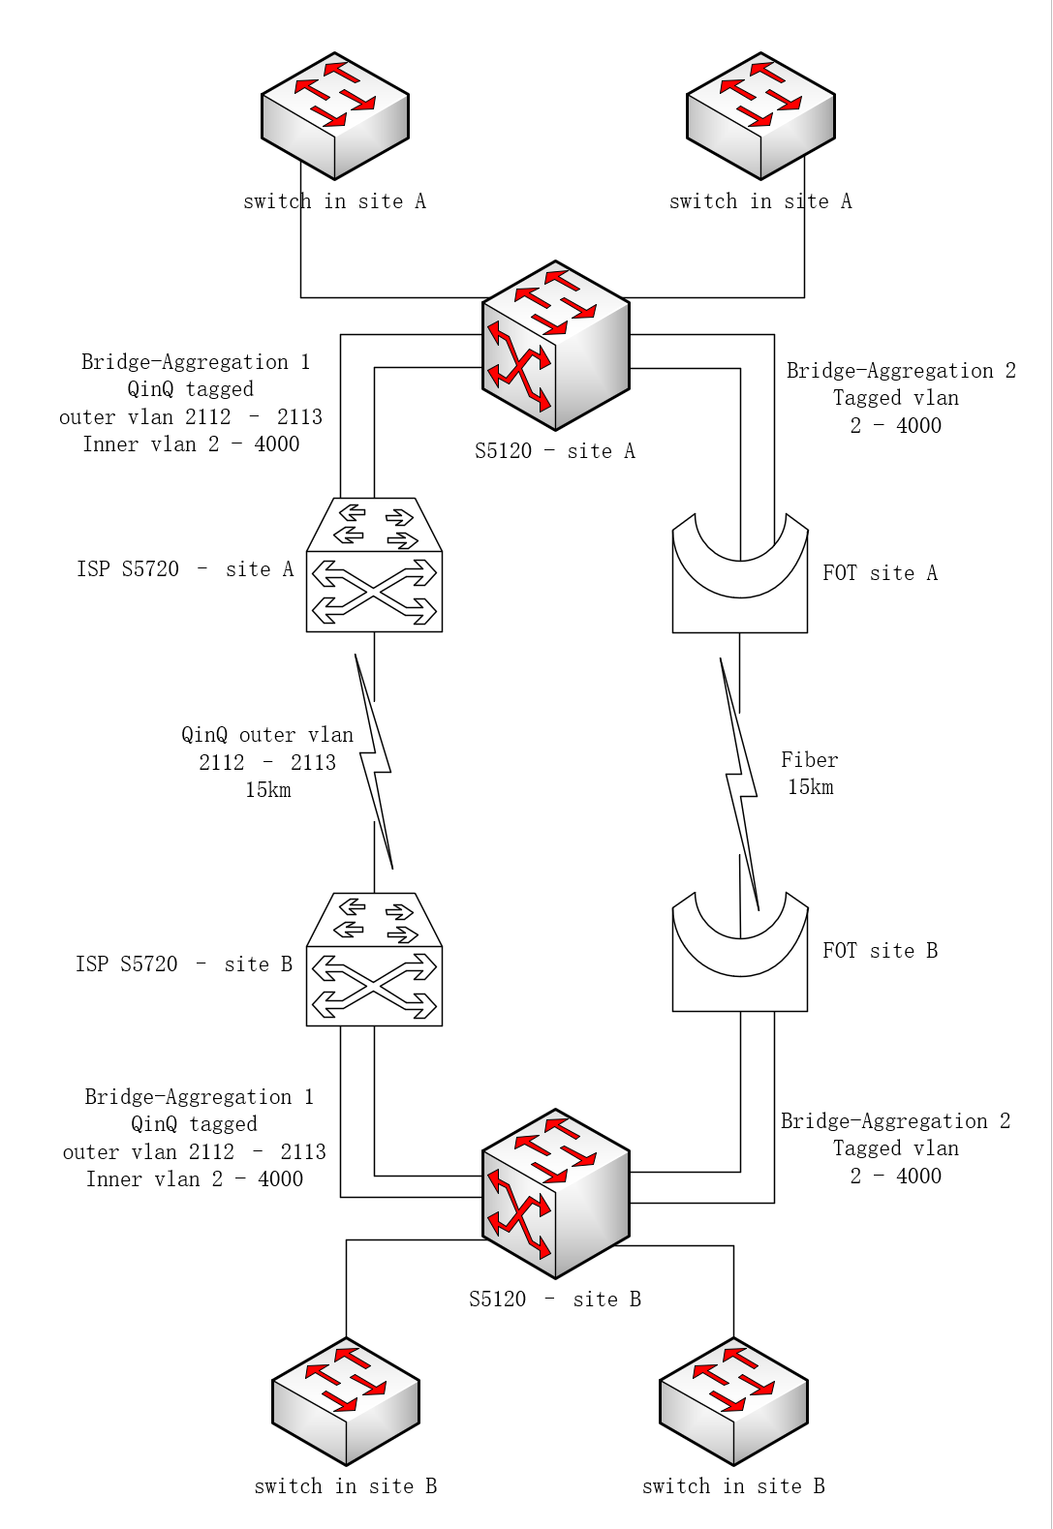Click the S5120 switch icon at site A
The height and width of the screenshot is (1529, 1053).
(x=555, y=346)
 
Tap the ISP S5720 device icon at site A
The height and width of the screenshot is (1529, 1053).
(x=374, y=565)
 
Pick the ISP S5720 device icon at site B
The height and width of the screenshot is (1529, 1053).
(x=374, y=959)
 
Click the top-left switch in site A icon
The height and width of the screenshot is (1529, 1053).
(x=334, y=116)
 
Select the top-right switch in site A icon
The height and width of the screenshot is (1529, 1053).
(x=760, y=116)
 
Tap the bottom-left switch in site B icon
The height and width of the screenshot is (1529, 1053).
(x=346, y=1400)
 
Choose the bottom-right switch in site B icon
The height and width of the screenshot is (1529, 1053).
(x=733, y=1400)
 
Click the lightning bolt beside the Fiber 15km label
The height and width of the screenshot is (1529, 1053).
(x=740, y=783)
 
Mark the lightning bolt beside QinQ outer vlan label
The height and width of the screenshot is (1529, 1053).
(x=374, y=761)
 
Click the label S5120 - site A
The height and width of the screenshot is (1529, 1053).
(x=555, y=450)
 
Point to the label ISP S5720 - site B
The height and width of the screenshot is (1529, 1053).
(x=184, y=963)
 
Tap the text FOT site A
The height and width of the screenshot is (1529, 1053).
(x=881, y=572)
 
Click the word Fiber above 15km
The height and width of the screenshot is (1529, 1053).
(x=809, y=759)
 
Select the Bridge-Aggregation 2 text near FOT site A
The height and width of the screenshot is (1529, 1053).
(x=901, y=370)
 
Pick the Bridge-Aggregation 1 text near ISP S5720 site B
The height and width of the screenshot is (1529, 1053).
(x=199, y=1096)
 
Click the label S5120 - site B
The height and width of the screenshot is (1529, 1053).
(x=555, y=1299)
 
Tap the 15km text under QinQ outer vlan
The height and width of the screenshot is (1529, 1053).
(x=268, y=790)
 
